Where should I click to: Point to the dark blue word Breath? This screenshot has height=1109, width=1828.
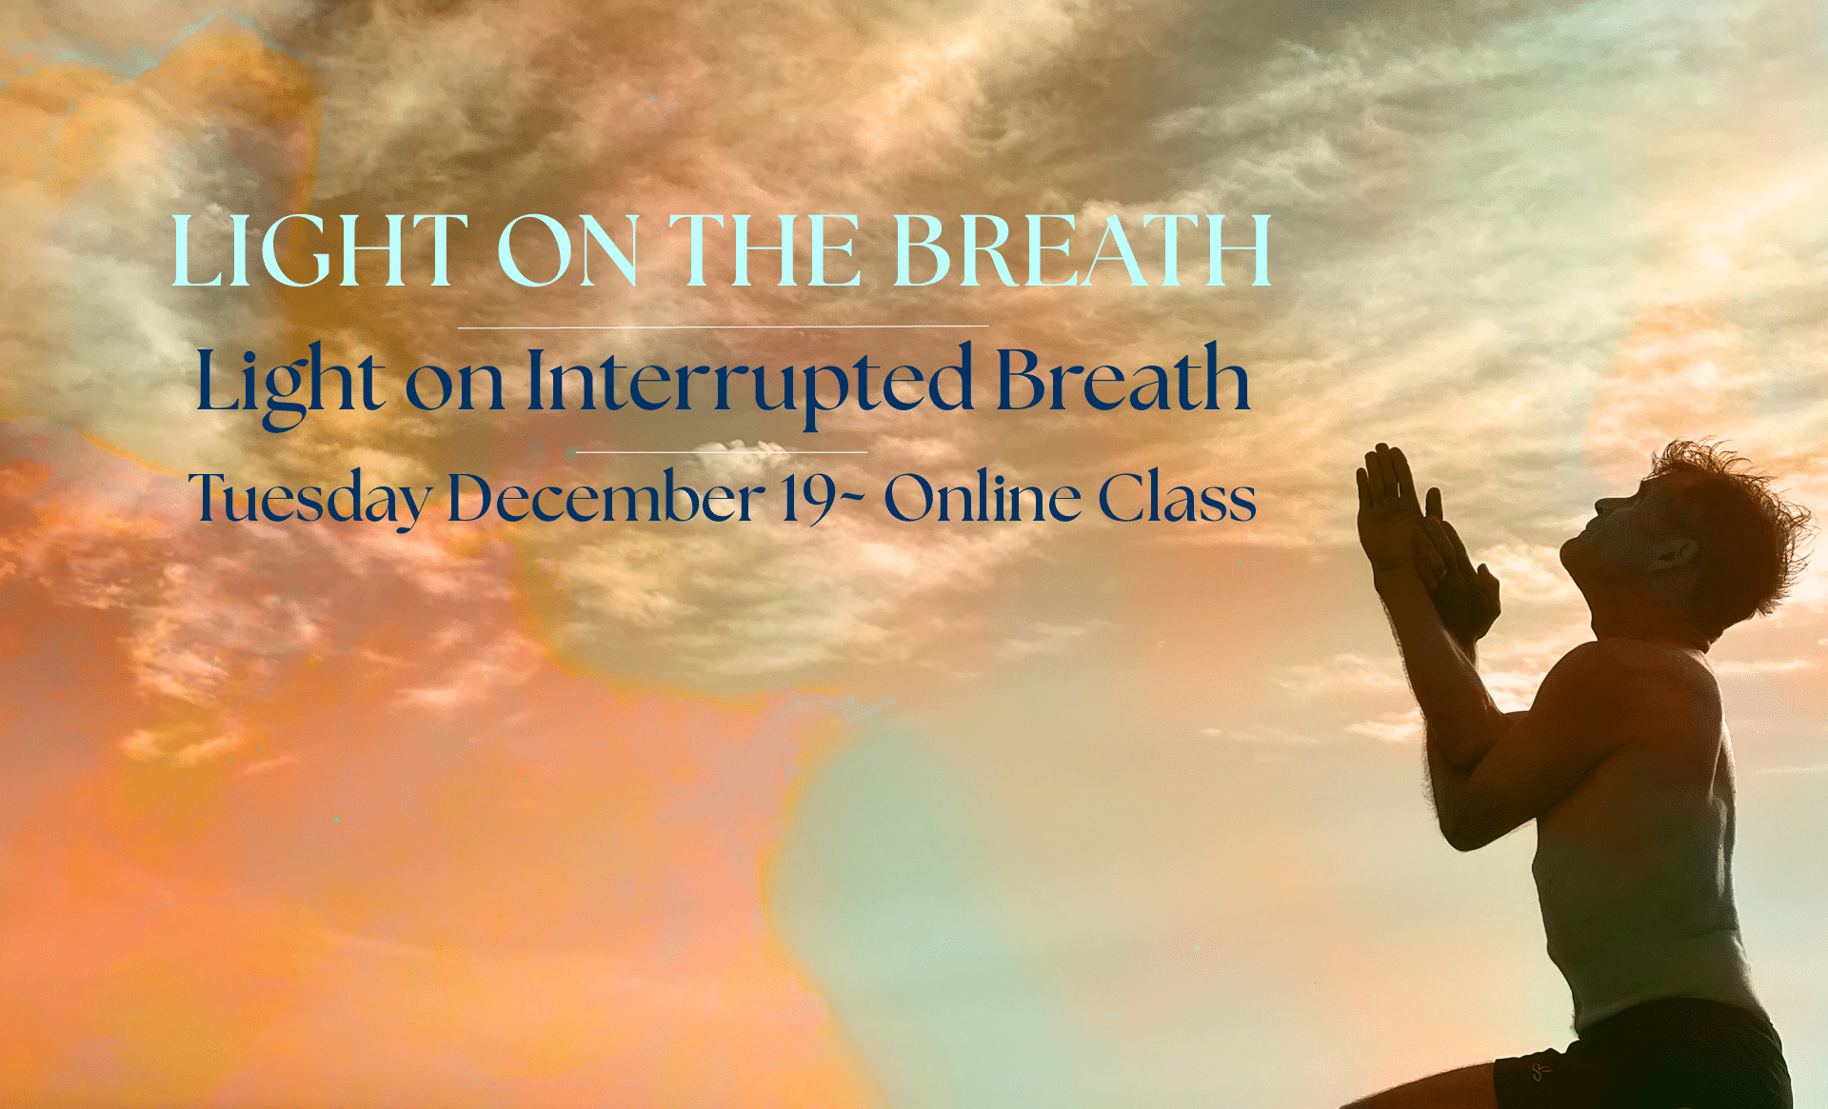pyautogui.click(x=1123, y=378)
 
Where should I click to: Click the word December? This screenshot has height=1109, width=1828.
pyautogui.click(x=606, y=496)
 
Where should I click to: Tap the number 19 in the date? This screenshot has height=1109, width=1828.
pyautogui.click(x=807, y=498)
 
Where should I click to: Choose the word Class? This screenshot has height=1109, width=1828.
pyautogui.click(x=1178, y=497)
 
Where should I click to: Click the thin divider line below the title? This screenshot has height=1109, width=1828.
pyautogui.click(x=723, y=327)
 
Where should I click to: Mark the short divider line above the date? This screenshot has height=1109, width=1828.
pyautogui.click(x=722, y=451)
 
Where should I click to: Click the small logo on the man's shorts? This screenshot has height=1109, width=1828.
pyautogui.click(x=1537, y=1072)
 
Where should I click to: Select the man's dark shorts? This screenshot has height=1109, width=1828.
pyautogui.click(x=1647, y=1057)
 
